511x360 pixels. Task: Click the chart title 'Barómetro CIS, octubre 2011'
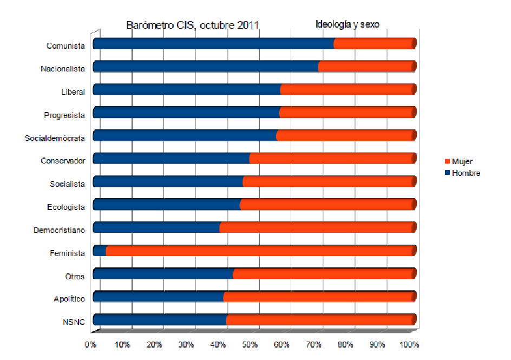point(193,25)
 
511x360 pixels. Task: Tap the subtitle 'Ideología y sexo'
point(348,24)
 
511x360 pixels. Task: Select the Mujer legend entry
point(462,161)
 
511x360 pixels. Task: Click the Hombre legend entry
point(465,173)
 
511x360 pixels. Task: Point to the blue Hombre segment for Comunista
point(213,44)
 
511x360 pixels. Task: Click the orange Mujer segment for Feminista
point(260,251)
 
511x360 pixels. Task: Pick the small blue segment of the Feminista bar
point(100,251)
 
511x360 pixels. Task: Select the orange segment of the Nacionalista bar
point(366,67)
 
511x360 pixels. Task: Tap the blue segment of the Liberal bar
point(187,90)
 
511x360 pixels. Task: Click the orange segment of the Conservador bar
point(332,159)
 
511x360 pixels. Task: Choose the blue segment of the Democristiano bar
point(156,227)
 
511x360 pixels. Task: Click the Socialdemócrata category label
point(55,139)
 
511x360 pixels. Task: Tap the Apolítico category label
point(69,299)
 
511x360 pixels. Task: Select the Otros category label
point(75,276)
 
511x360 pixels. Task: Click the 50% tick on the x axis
point(250,345)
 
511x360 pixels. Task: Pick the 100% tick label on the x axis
point(409,345)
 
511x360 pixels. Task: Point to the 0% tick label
point(91,345)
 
